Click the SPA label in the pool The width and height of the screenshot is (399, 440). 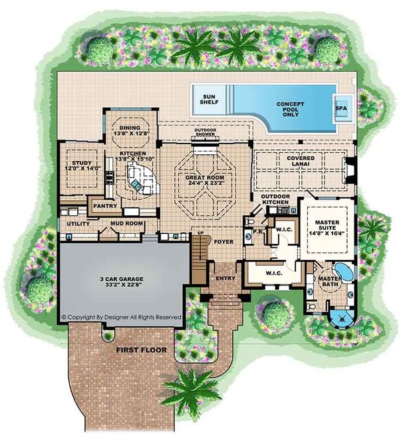click(341, 108)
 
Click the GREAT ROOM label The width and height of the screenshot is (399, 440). click(205, 183)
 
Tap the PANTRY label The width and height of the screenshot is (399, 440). click(105, 207)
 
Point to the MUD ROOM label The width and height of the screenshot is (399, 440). click(126, 224)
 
